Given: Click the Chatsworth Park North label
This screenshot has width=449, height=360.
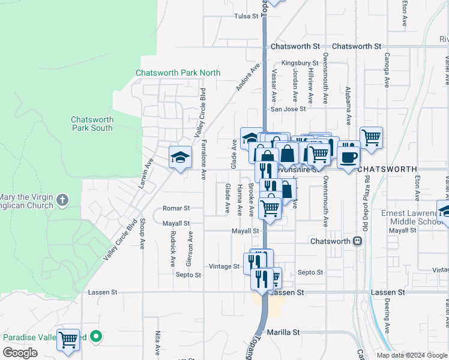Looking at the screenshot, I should [x=178, y=73].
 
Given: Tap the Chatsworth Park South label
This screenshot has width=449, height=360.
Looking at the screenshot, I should [x=92, y=124].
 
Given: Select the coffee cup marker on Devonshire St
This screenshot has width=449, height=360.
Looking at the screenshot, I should [x=349, y=158].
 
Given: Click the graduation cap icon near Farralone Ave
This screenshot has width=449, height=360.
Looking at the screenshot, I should [x=180, y=158].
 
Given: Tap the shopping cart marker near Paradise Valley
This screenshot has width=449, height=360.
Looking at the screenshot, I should [x=68, y=340].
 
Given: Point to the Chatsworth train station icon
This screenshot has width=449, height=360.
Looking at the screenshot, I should [x=357, y=241].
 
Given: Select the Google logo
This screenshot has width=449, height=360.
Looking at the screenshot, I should [x=20, y=353].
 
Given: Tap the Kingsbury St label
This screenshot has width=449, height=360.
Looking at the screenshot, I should [x=300, y=62].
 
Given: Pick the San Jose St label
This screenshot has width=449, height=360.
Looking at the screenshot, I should [x=288, y=109].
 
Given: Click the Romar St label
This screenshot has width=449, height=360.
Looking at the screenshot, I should [x=176, y=208].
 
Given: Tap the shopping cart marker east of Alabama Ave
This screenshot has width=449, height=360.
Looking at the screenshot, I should [x=371, y=137].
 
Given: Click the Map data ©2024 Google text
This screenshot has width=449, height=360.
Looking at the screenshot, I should [x=411, y=355].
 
